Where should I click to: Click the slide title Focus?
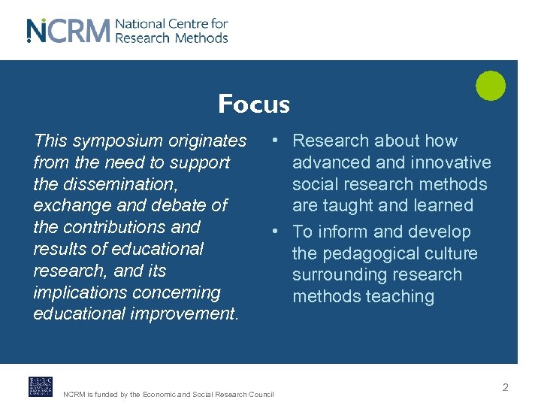[x=253, y=104]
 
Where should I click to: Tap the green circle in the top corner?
[x=491, y=85]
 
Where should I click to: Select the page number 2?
[x=505, y=387]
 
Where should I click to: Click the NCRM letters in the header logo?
[x=68, y=31]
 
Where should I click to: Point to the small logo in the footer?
[x=41, y=386]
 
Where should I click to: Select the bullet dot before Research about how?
[x=277, y=141]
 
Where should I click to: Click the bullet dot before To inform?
[x=277, y=232]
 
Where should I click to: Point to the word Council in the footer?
[x=260, y=395]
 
